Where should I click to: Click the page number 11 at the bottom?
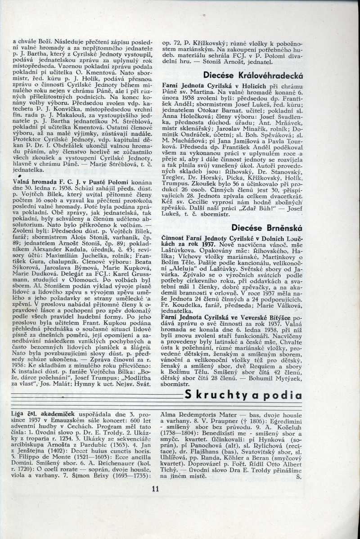156,489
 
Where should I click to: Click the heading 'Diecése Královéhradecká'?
253,75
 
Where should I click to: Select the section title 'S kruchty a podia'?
243,395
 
